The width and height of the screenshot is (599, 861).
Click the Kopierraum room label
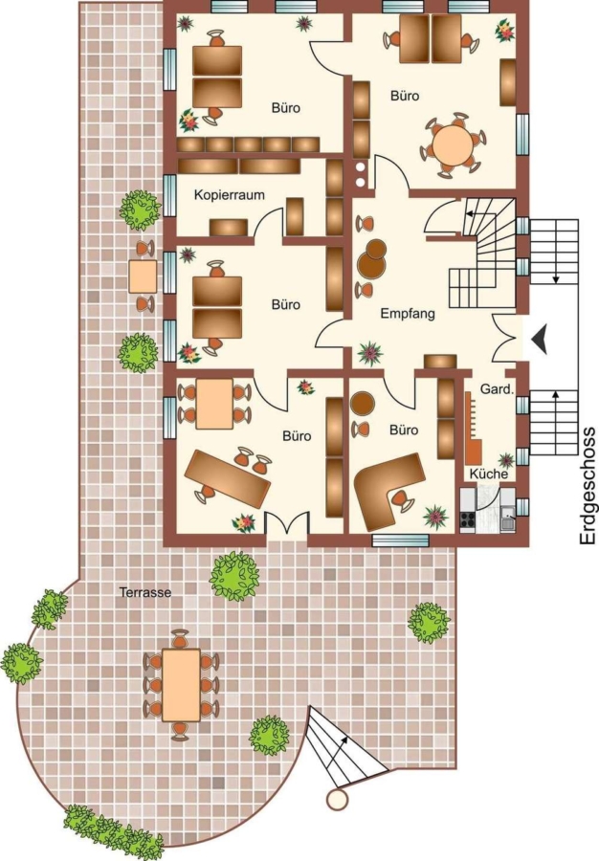pos(229,195)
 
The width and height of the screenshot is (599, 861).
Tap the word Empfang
pos(408,314)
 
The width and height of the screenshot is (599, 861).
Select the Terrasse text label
pos(145,592)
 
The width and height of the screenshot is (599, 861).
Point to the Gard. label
pos(498,389)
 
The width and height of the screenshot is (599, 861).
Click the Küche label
pos(489,474)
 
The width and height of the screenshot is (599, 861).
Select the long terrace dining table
pos(181,685)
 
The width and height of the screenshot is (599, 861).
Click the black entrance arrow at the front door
pos(540,339)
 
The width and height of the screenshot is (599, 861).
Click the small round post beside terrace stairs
pos(337,799)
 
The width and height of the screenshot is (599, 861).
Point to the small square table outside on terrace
pos(143,276)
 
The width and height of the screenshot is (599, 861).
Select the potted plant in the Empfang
pos(370,354)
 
